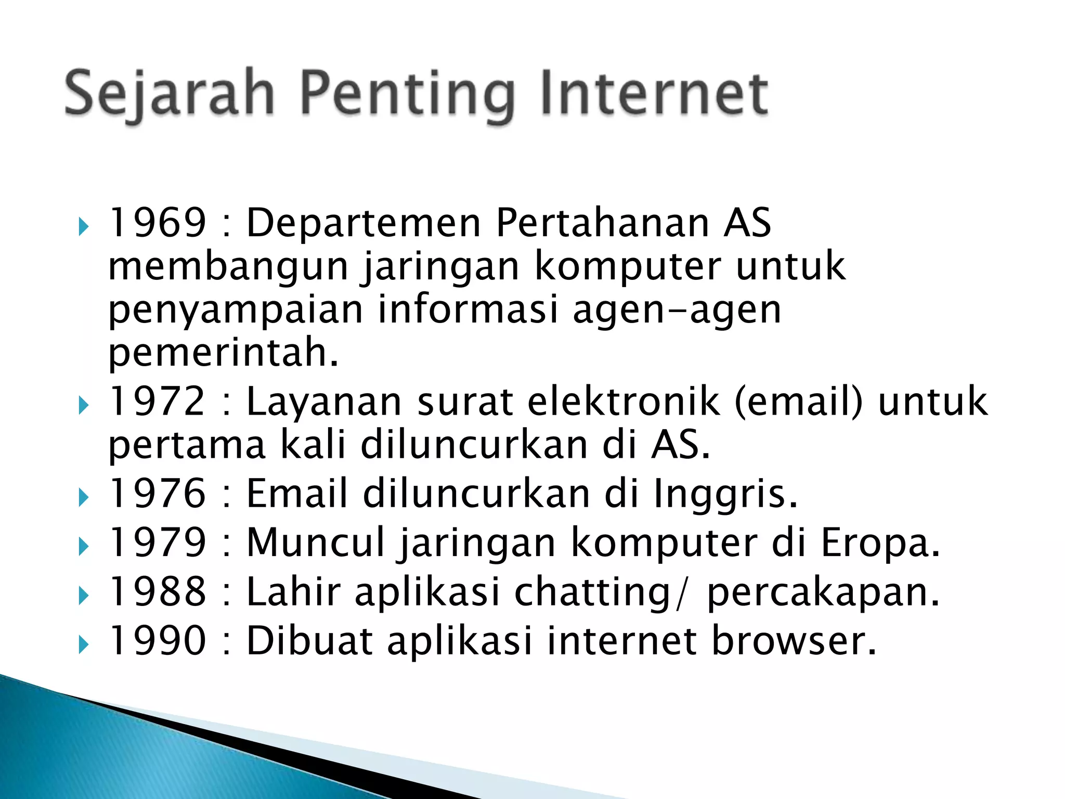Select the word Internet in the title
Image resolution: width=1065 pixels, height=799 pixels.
[x=654, y=94]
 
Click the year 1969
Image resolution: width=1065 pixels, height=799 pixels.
[x=158, y=223]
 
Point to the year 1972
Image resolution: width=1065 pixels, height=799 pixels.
[x=158, y=402]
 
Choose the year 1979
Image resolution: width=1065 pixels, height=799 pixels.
[x=158, y=543]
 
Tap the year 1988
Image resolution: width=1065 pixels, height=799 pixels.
[x=158, y=591]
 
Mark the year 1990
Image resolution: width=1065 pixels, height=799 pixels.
[x=158, y=640]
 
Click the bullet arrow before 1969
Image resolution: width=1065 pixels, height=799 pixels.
[x=83, y=227]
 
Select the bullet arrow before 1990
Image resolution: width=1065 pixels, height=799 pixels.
[x=83, y=645]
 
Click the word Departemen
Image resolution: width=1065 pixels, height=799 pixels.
[x=363, y=223]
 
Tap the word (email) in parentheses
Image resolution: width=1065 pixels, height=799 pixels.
[x=798, y=402]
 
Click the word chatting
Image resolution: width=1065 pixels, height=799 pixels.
[x=592, y=592]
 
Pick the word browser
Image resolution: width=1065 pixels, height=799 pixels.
[x=793, y=640]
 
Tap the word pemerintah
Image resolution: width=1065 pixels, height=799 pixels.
[x=224, y=353]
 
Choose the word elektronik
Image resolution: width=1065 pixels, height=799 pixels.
[x=624, y=402]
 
